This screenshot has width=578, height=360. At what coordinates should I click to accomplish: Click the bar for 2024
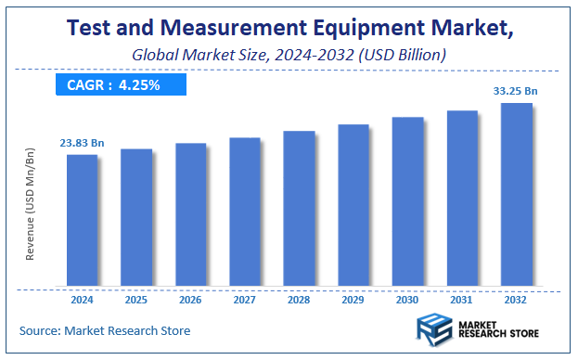tap(82, 220)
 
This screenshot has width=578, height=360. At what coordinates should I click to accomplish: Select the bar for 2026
tap(190, 214)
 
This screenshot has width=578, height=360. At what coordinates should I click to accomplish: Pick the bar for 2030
tap(407, 201)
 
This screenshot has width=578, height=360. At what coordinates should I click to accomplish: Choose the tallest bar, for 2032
tap(517, 194)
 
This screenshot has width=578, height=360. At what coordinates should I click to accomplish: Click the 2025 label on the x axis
tap(135, 302)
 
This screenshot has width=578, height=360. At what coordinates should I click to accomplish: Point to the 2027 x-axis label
tap(245, 302)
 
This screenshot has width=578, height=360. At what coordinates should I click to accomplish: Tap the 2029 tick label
tap(353, 302)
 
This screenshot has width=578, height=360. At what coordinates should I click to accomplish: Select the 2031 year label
tap(462, 302)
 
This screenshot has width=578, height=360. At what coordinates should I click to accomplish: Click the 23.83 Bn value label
tap(82, 143)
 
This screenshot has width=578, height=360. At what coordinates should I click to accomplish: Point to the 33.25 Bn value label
tap(516, 91)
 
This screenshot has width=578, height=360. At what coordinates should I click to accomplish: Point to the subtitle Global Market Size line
tap(289, 56)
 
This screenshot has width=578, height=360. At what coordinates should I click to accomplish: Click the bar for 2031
tap(462, 198)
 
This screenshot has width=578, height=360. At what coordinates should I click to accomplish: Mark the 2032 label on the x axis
tap(517, 302)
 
